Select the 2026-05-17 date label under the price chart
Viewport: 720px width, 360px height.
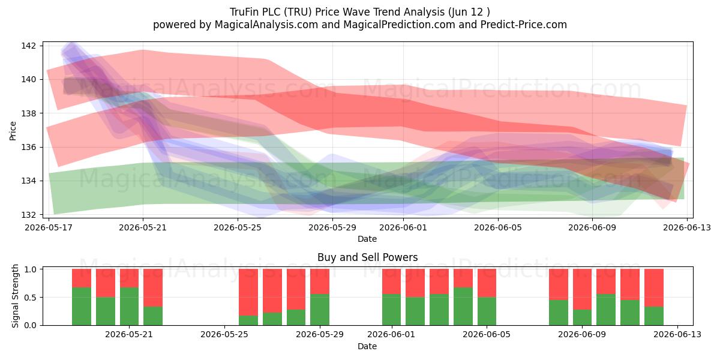[49, 227]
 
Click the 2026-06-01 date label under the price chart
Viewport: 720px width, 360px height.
[403, 227]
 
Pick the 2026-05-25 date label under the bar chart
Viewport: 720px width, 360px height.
[224, 335]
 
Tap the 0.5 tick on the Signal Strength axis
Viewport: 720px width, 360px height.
[30, 298]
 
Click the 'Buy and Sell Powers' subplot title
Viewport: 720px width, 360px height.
[367, 257]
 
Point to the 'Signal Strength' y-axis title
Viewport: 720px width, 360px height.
[15, 296]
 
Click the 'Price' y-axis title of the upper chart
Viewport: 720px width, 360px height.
[13, 131]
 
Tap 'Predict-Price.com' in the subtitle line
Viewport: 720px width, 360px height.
[524, 25]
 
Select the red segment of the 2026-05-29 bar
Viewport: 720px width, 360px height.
[320, 281]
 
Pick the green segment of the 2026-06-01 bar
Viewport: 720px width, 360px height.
[391, 310]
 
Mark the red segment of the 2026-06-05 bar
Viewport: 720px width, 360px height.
[487, 283]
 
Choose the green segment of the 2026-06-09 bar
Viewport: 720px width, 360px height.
[582, 317]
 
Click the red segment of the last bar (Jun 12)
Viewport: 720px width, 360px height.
[654, 287]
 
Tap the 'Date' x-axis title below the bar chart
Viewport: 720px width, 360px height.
[367, 346]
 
